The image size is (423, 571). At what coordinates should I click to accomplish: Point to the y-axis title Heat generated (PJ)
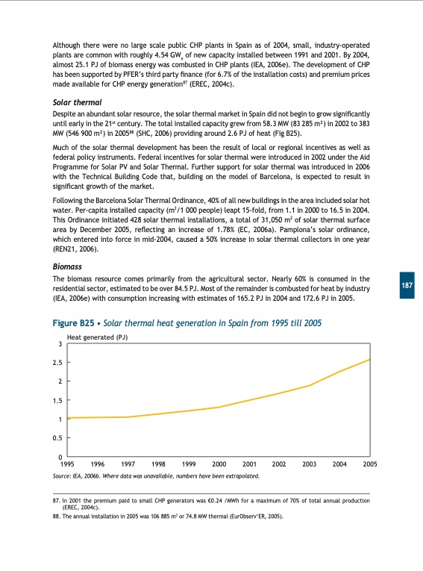[97, 338]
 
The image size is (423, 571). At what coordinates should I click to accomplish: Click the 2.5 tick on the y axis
[58, 363]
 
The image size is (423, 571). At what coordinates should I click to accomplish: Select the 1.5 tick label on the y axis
[58, 400]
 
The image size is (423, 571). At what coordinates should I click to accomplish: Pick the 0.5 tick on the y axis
[58, 437]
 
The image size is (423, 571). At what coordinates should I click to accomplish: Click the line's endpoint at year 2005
[369, 360]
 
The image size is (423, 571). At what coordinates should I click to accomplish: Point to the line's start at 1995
[68, 418]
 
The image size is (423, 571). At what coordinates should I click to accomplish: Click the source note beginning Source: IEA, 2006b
[156, 475]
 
